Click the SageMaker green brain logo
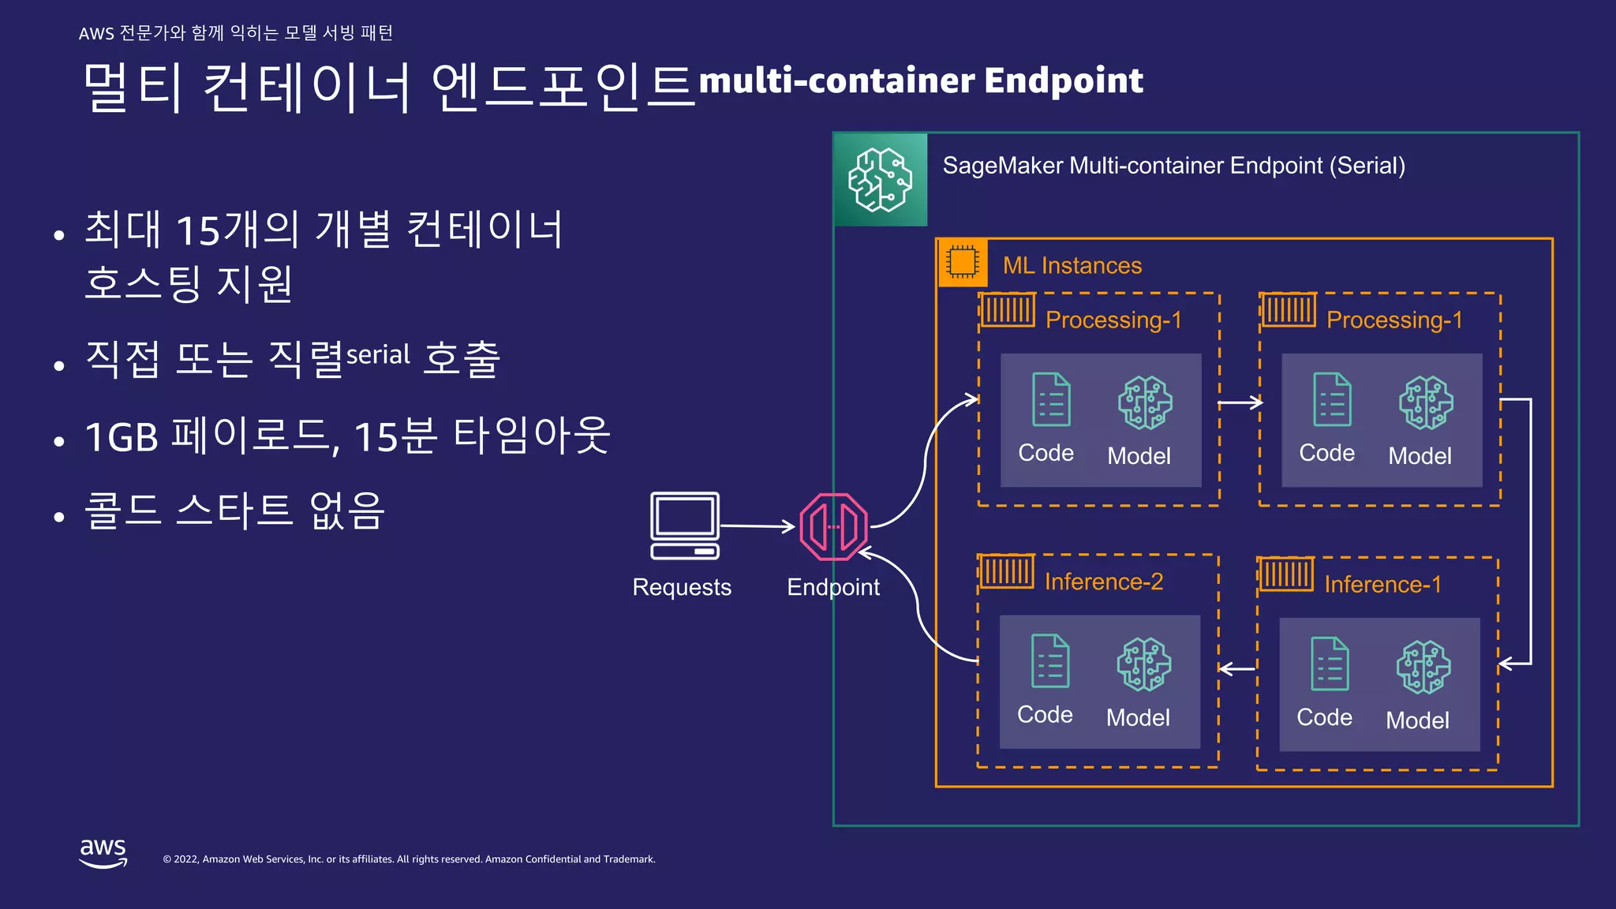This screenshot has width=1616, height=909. (x=881, y=180)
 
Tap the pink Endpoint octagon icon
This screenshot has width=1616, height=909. (x=833, y=526)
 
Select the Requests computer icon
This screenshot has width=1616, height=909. (x=684, y=526)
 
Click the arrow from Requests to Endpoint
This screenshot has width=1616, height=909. (x=757, y=526)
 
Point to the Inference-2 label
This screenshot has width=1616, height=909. (x=1103, y=582)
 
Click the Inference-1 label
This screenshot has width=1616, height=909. (x=1382, y=584)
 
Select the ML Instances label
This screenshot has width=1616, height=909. (x=1072, y=265)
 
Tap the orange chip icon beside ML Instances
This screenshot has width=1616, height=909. (x=963, y=262)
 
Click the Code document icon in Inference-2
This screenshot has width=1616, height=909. (x=1050, y=661)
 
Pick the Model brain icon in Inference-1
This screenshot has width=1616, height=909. (x=1423, y=667)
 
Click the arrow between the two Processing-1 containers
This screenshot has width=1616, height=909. (x=1240, y=403)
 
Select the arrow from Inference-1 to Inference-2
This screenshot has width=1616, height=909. (x=1237, y=669)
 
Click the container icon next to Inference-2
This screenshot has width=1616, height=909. (x=1006, y=571)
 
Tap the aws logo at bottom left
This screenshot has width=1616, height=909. (x=103, y=853)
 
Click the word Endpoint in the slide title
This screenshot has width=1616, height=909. (x=1063, y=80)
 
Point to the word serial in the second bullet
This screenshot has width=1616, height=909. (x=378, y=354)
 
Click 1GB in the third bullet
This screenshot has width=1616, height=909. (x=122, y=437)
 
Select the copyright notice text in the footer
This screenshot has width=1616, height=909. (x=409, y=859)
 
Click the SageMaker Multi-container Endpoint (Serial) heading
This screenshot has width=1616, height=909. (x=1173, y=166)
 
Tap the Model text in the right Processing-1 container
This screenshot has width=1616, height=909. (x=1419, y=456)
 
